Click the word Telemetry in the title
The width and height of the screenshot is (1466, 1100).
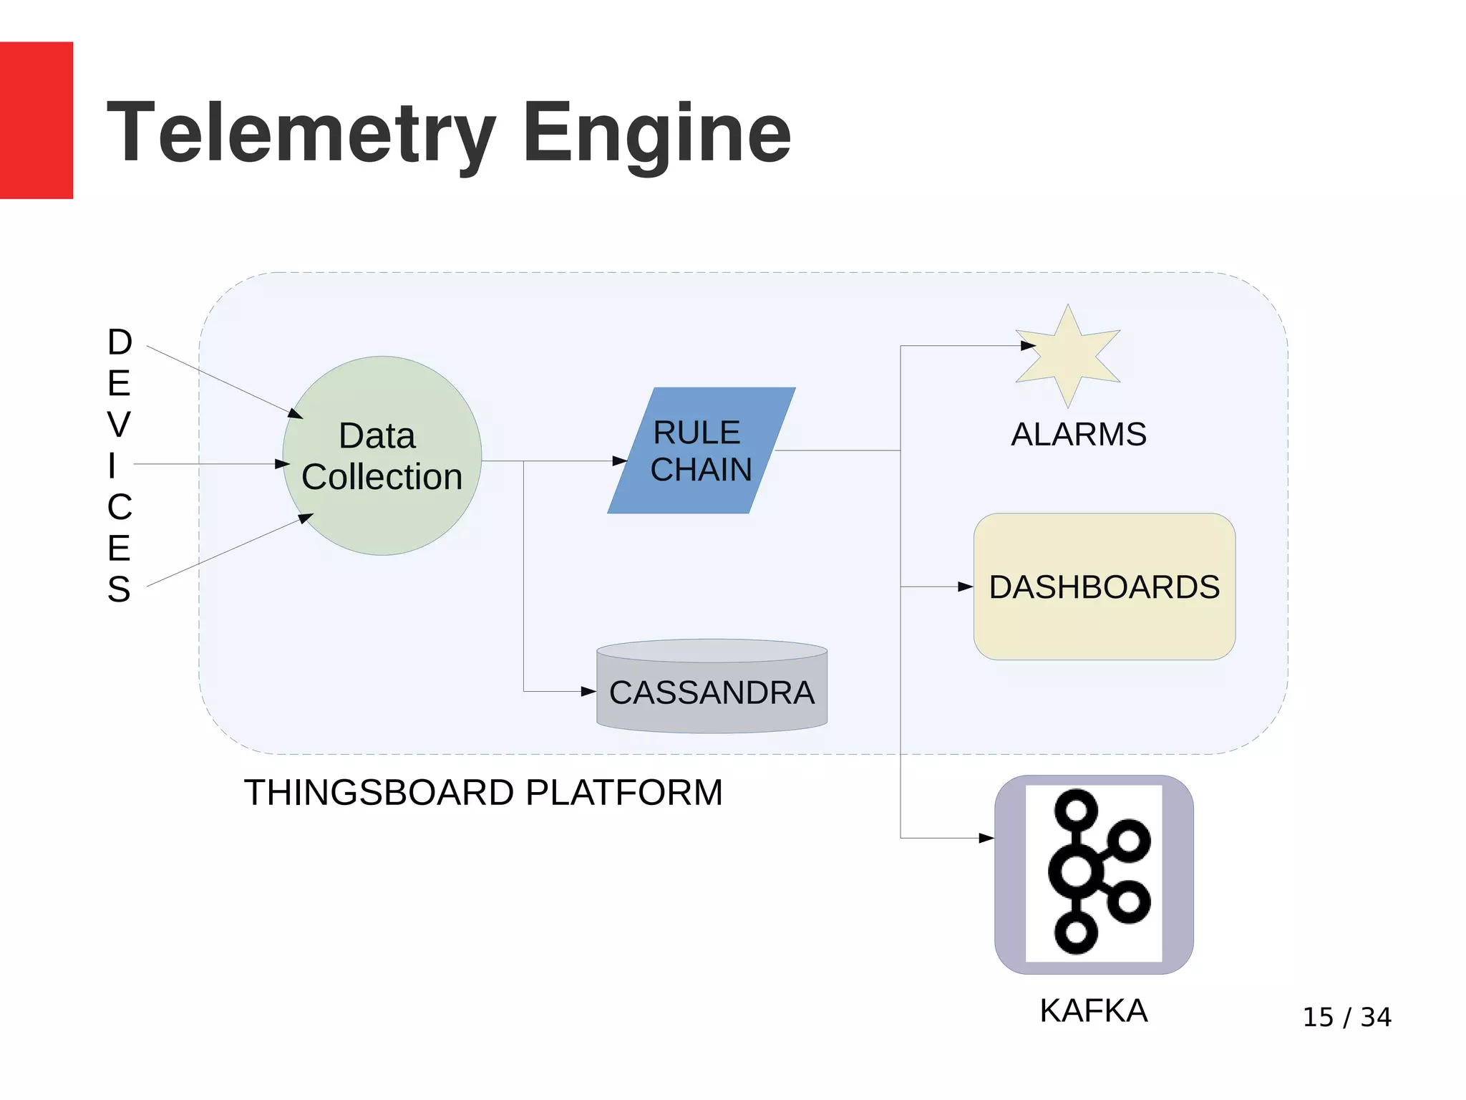(x=301, y=133)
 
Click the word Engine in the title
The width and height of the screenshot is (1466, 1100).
(x=656, y=133)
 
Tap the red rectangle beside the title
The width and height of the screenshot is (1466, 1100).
(x=36, y=120)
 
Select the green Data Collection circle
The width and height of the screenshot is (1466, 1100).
(x=382, y=455)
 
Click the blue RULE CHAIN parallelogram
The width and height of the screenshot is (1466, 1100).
(x=701, y=450)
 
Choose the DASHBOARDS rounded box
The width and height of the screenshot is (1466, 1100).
(x=1104, y=587)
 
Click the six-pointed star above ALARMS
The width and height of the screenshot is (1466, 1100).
(x=1067, y=356)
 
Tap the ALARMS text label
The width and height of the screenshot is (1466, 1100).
(x=1078, y=434)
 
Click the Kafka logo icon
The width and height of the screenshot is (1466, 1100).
(x=1093, y=873)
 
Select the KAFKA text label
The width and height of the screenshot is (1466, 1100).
(x=1093, y=1010)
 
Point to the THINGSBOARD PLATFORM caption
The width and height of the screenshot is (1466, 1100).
(x=483, y=792)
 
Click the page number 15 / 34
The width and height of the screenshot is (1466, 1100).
(x=1346, y=1017)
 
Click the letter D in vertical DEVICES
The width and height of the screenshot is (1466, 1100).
(x=120, y=342)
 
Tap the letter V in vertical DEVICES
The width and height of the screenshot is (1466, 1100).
(x=120, y=425)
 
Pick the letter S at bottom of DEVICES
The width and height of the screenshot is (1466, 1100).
(x=120, y=589)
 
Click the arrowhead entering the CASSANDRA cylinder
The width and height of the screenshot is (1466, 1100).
(x=588, y=691)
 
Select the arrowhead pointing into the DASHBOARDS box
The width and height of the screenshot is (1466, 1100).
(x=965, y=587)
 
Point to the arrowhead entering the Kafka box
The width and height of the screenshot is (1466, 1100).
(x=986, y=837)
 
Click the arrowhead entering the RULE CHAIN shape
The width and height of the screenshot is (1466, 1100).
(x=620, y=461)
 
